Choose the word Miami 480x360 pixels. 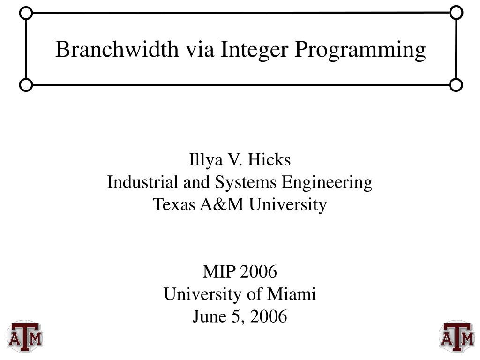click(x=292, y=294)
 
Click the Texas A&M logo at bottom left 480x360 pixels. click(x=24, y=336)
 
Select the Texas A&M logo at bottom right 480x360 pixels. click(x=456, y=336)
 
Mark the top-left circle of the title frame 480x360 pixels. click(x=26, y=13)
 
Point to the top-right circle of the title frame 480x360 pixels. click(x=456, y=13)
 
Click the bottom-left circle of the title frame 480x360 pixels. click(x=26, y=85)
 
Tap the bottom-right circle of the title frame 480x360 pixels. click(x=456, y=85)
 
